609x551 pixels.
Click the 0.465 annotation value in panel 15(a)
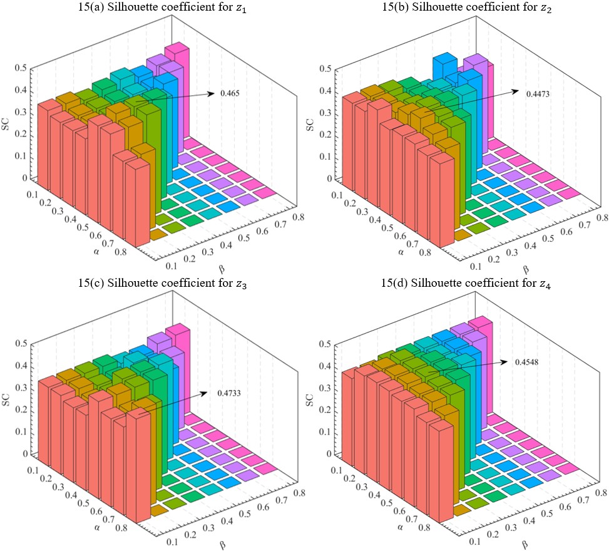point(230,93)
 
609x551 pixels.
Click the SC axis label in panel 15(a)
point(7,122)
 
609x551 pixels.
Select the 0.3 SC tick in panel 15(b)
point(326,113)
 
